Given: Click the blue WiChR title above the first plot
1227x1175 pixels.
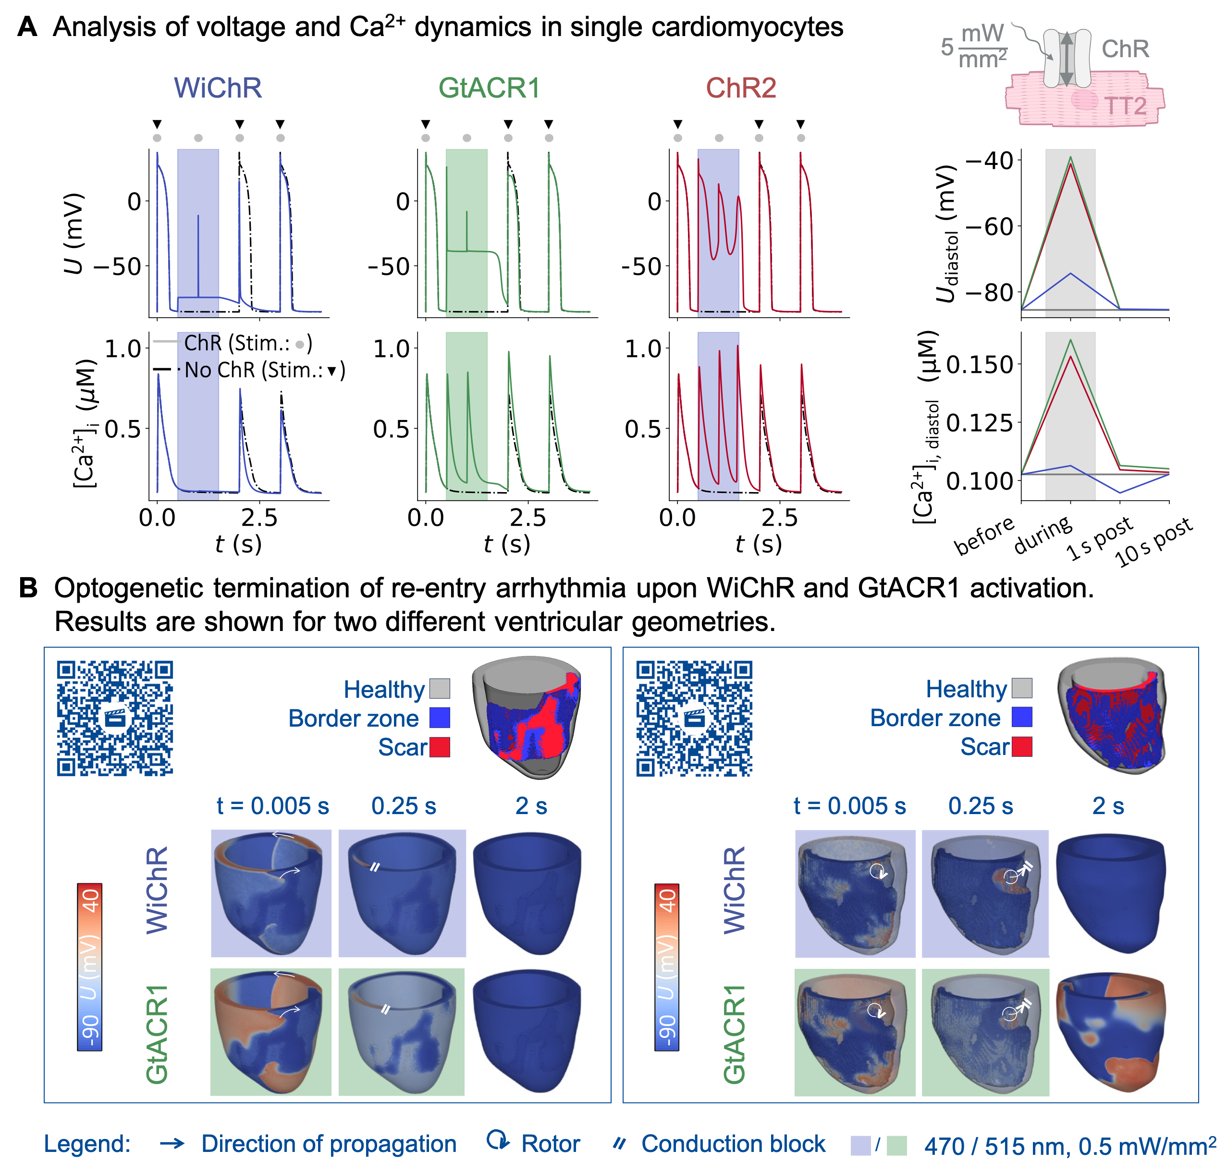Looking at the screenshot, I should coord(217,87).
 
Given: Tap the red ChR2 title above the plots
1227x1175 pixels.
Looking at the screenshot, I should coord(741,87).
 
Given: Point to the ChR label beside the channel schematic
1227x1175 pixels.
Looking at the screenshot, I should coord(1125,49).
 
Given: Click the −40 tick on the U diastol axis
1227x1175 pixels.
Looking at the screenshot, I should coord(990,161).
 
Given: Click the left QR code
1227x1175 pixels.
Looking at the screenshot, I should coord(115,718).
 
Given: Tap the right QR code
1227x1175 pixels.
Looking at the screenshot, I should coord(694,718).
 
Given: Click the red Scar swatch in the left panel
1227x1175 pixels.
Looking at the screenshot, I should coord(440,747).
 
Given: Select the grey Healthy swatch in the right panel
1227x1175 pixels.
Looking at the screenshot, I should coord(1022,688).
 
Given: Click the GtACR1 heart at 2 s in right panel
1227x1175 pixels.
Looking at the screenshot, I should coord(1111,1032).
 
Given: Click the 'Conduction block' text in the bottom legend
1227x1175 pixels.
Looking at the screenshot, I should coord(733,1144).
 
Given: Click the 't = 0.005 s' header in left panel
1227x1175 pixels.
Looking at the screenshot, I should coord(272,806).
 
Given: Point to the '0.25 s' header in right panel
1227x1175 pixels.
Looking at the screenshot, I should coord(981,806).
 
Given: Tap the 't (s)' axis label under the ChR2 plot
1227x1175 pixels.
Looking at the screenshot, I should coord(758,544).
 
